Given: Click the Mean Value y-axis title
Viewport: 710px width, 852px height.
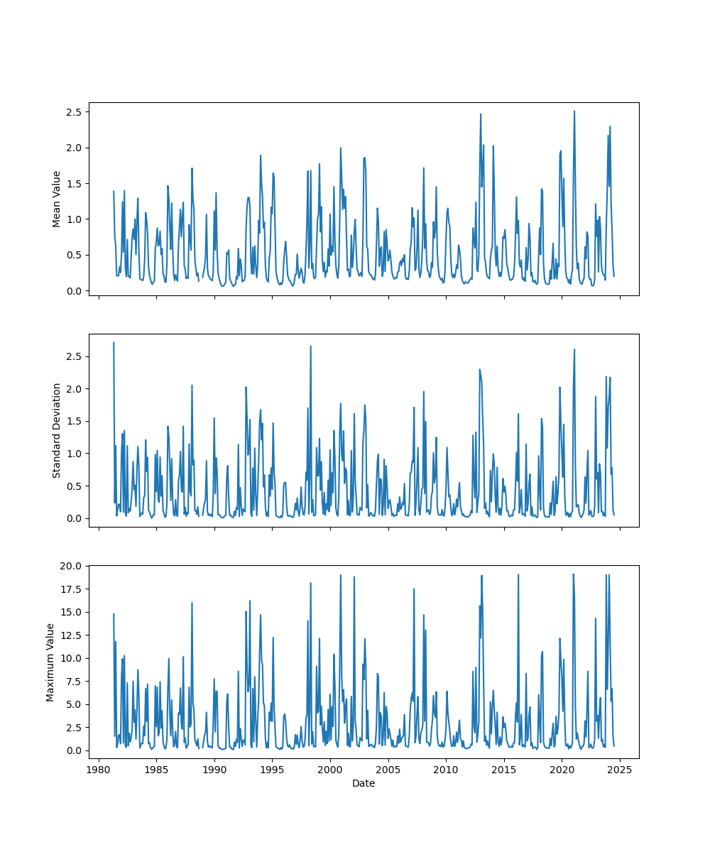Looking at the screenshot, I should pyautogui.click(x=57, y=199).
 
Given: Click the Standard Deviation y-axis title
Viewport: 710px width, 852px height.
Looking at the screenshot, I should pyautogui.click(x=57, y=430).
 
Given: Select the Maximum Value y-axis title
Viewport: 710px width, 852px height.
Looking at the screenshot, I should pyautogui.click(x=50, y=662).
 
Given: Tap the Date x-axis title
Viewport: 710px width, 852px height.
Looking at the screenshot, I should pyautogui.click(x=364, y=783).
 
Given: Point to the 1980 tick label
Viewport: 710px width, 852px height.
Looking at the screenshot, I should pyautogui.click(x=99, y=770).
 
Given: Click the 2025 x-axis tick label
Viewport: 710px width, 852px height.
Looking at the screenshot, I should pyautogui.click(x=620, y=770).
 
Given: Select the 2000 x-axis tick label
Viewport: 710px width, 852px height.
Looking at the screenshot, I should pyautogui.click(x=330, y=770).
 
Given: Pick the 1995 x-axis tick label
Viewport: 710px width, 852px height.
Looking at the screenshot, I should pyautogui.click(x=273, y=770).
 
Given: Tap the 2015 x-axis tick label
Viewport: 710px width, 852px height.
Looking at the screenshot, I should pyautogui.click(x=504, y=770).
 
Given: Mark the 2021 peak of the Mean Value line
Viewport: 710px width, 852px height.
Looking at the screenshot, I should pyautogui.click(x=574, y=111).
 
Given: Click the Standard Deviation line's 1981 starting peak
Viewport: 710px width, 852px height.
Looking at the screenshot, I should pyautogui.click(x=114, y=343).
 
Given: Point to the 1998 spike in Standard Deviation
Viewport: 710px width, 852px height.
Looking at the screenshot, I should pyautogui.click(x=310, y=346).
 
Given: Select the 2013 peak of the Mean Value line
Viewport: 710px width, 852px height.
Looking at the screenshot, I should pyautogui.click(x=481, y=114).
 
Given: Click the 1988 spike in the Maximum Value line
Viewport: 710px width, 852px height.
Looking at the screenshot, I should pyautogui.click(x=192, y=603).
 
